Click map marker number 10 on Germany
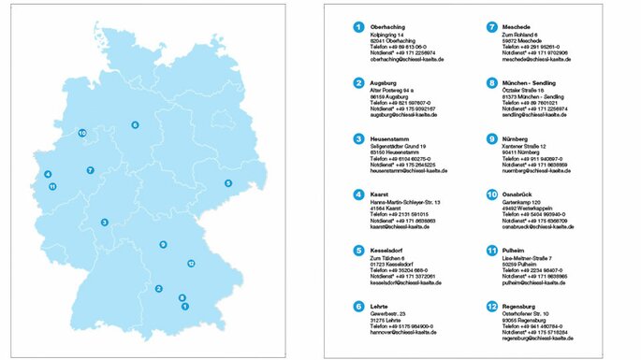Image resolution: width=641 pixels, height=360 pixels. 82,134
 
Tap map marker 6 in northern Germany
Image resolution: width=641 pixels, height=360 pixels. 135,124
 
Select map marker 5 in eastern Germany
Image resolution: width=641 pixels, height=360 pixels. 228,183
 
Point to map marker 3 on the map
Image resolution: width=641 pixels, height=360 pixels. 105,222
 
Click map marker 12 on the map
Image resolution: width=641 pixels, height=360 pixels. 191,264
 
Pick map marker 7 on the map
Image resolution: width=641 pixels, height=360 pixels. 90,170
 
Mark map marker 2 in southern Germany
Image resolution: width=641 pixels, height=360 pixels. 159,289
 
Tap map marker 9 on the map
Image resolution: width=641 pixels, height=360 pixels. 163,245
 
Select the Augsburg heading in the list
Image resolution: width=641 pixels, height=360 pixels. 385,83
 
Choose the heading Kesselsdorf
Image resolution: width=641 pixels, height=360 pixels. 388,250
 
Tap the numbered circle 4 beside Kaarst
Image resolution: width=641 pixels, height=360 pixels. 357,194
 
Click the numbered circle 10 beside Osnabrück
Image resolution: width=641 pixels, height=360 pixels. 492,194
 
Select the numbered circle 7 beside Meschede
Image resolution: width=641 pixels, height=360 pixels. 492,28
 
